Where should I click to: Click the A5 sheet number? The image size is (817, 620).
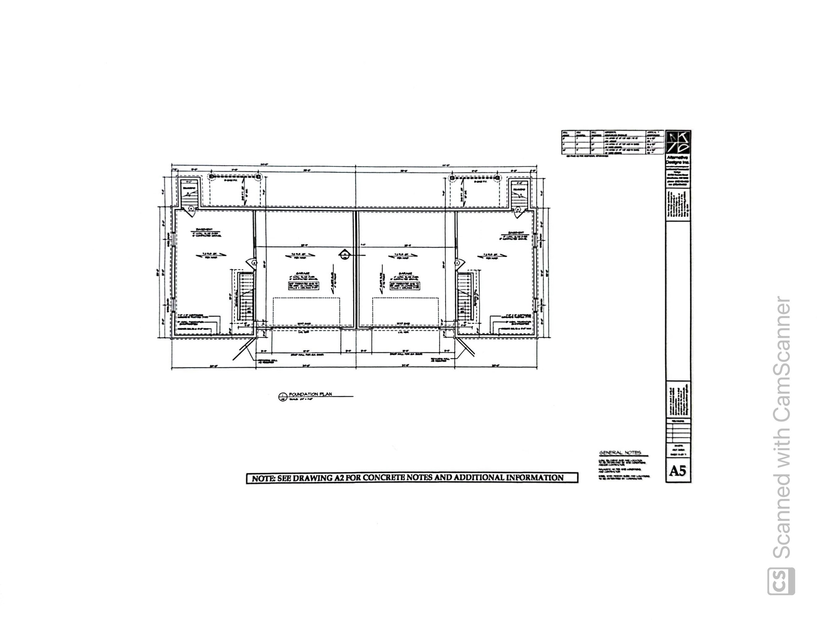pyautogui.click(x=677, y=471)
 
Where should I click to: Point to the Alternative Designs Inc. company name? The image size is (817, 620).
pyautogui.click(x=678, y=160)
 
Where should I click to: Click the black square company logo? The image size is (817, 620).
pyautogui.click(x=678, y=142)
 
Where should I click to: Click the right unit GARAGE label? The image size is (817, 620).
pyautogui.click(x=405, y=274)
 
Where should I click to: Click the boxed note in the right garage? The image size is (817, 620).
pyautogui.click(x=405, y=285)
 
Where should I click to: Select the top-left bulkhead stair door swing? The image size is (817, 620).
pyautogui.click(x=191, y=209)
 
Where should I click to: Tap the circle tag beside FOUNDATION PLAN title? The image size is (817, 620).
pyautogui.click(x=283, y=397)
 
